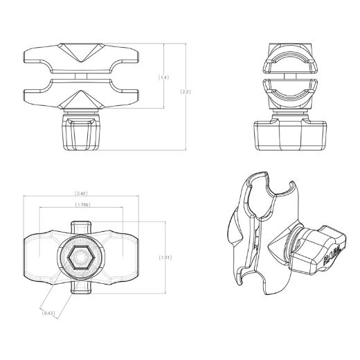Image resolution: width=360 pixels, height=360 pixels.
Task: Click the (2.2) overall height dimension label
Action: [186, 91]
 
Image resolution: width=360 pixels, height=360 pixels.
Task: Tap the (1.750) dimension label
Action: [82, 205]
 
